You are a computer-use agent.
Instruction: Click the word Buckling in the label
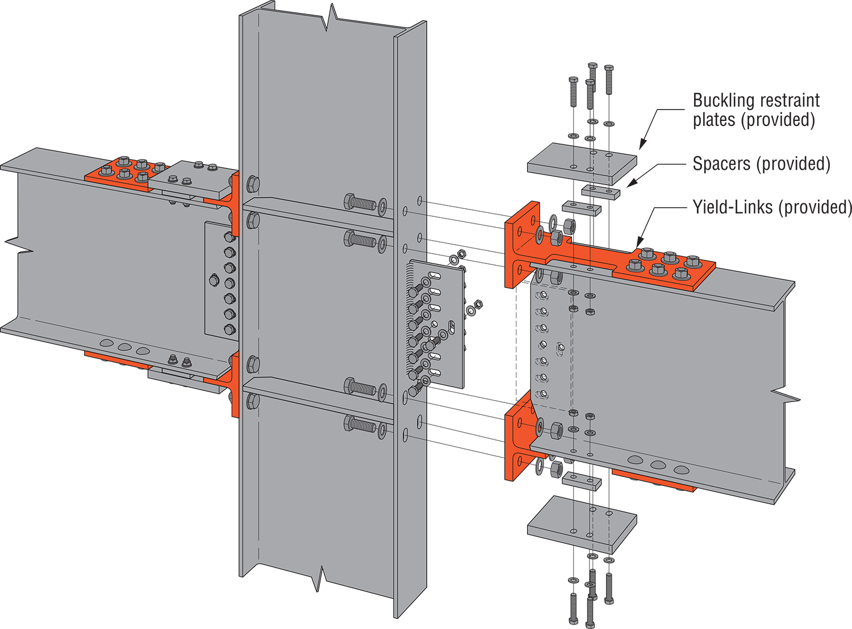(722, 101)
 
